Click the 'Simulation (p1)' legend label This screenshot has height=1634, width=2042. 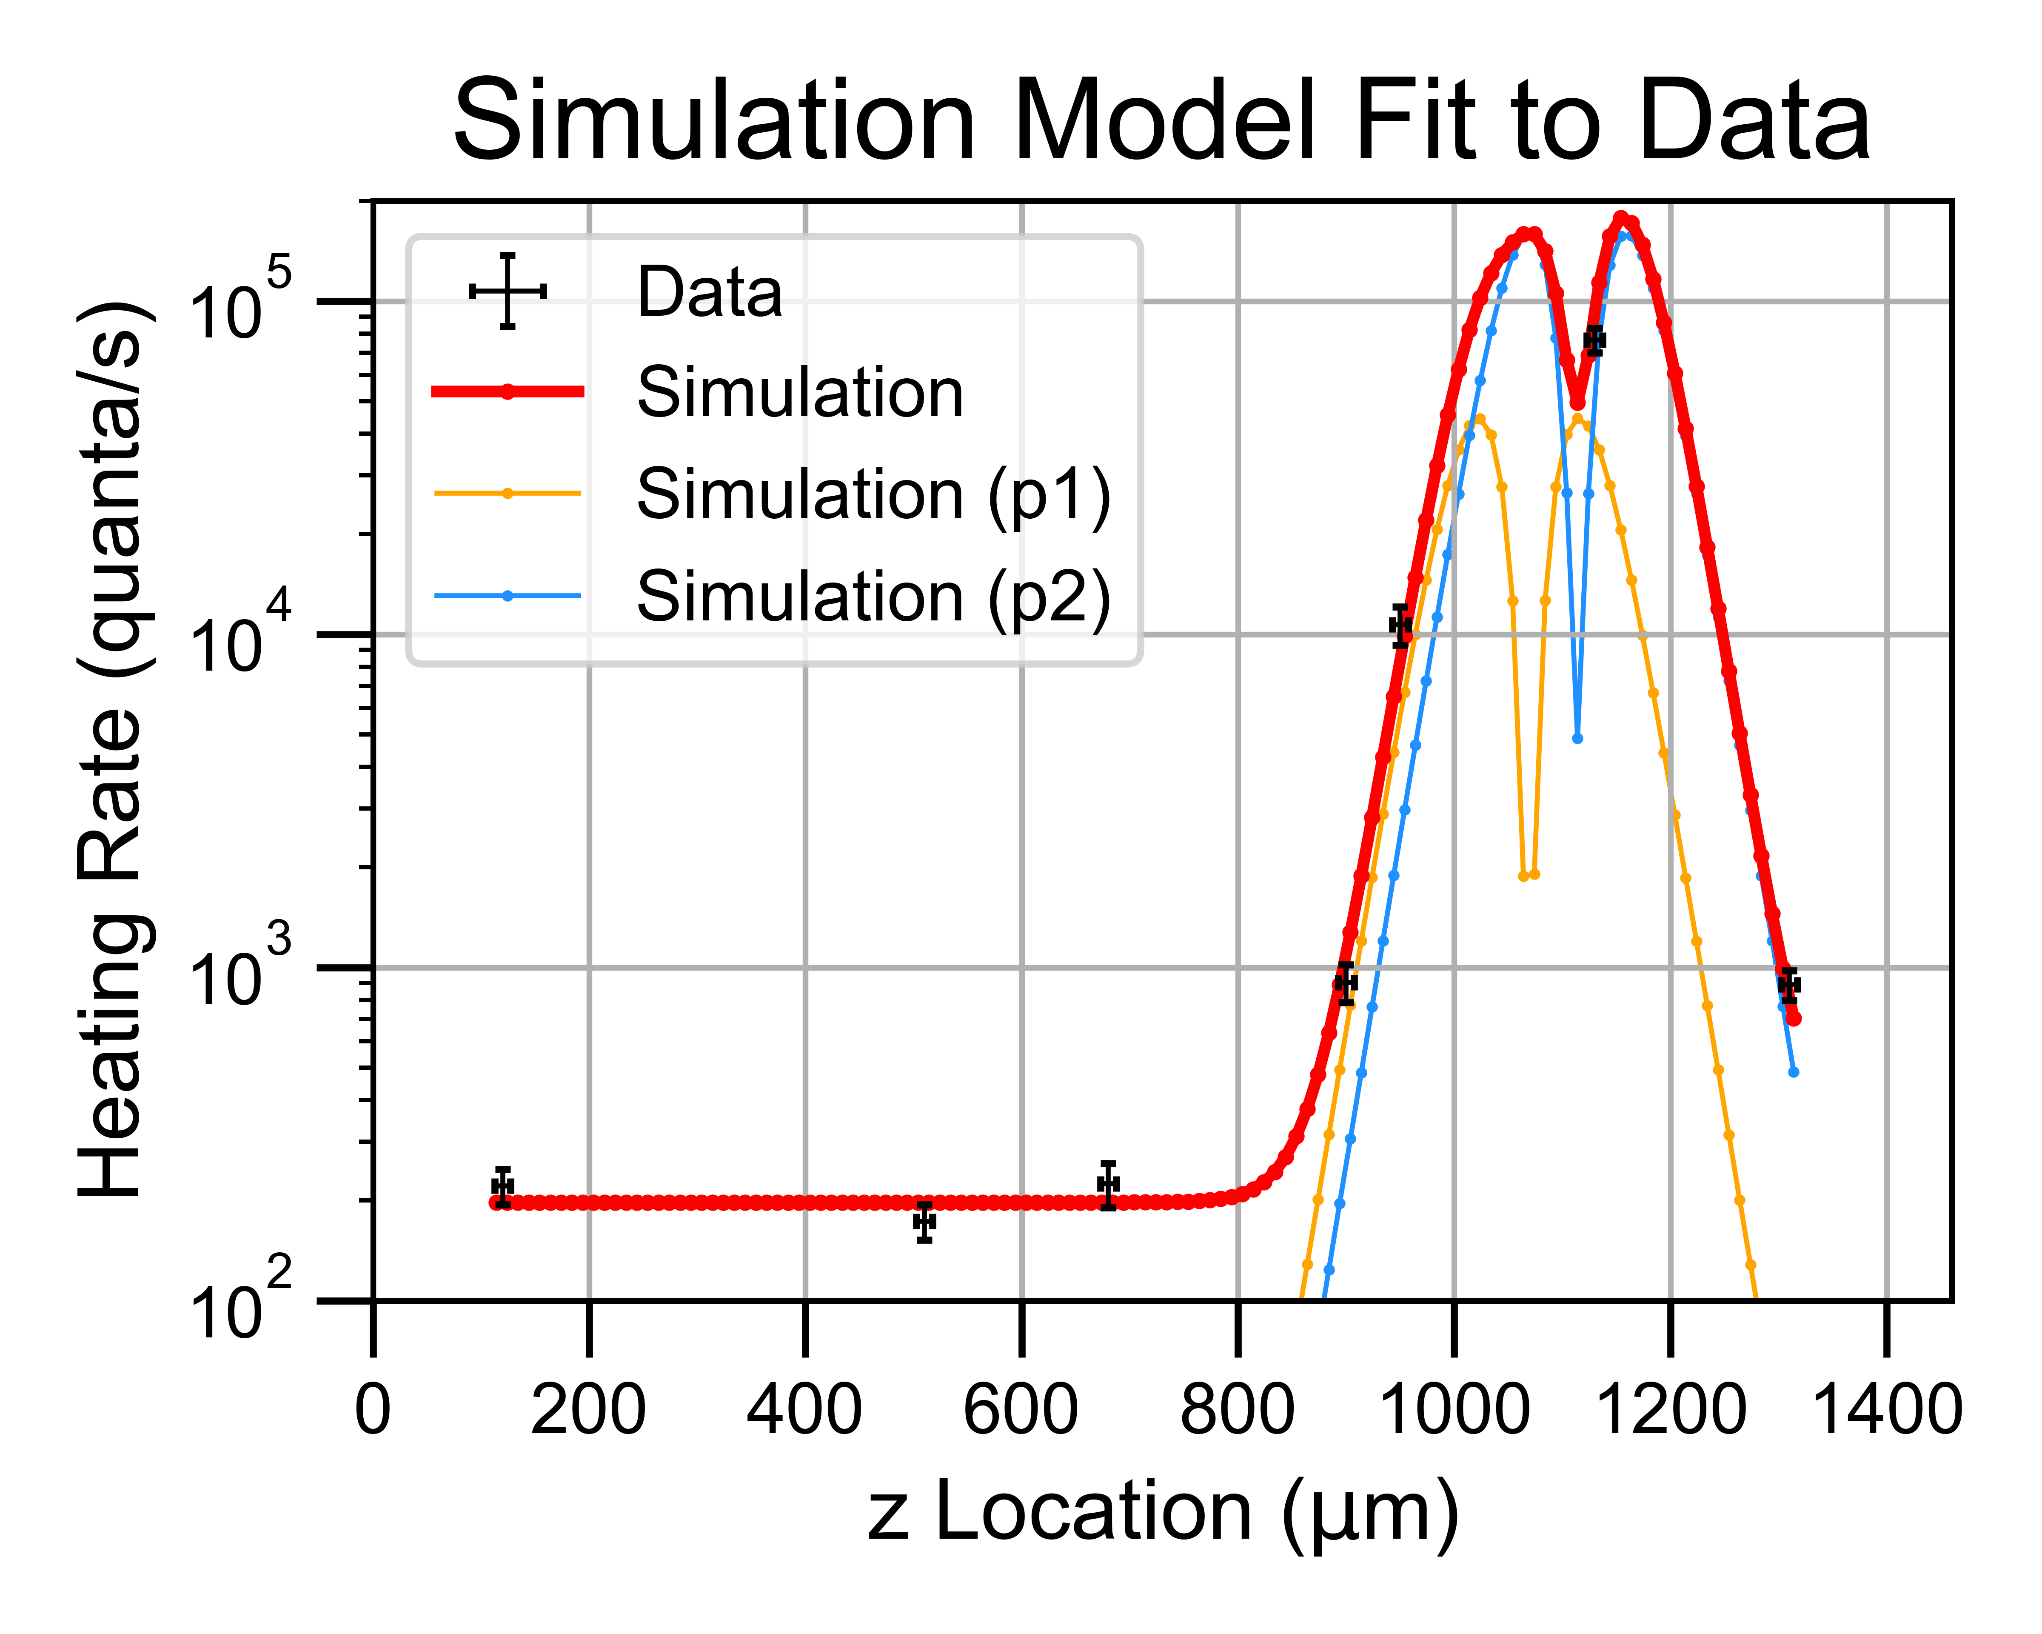873,494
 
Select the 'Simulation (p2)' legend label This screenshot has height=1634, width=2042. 873,597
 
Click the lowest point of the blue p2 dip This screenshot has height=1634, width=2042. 1577,738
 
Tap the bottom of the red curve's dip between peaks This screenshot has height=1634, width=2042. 1577,403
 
